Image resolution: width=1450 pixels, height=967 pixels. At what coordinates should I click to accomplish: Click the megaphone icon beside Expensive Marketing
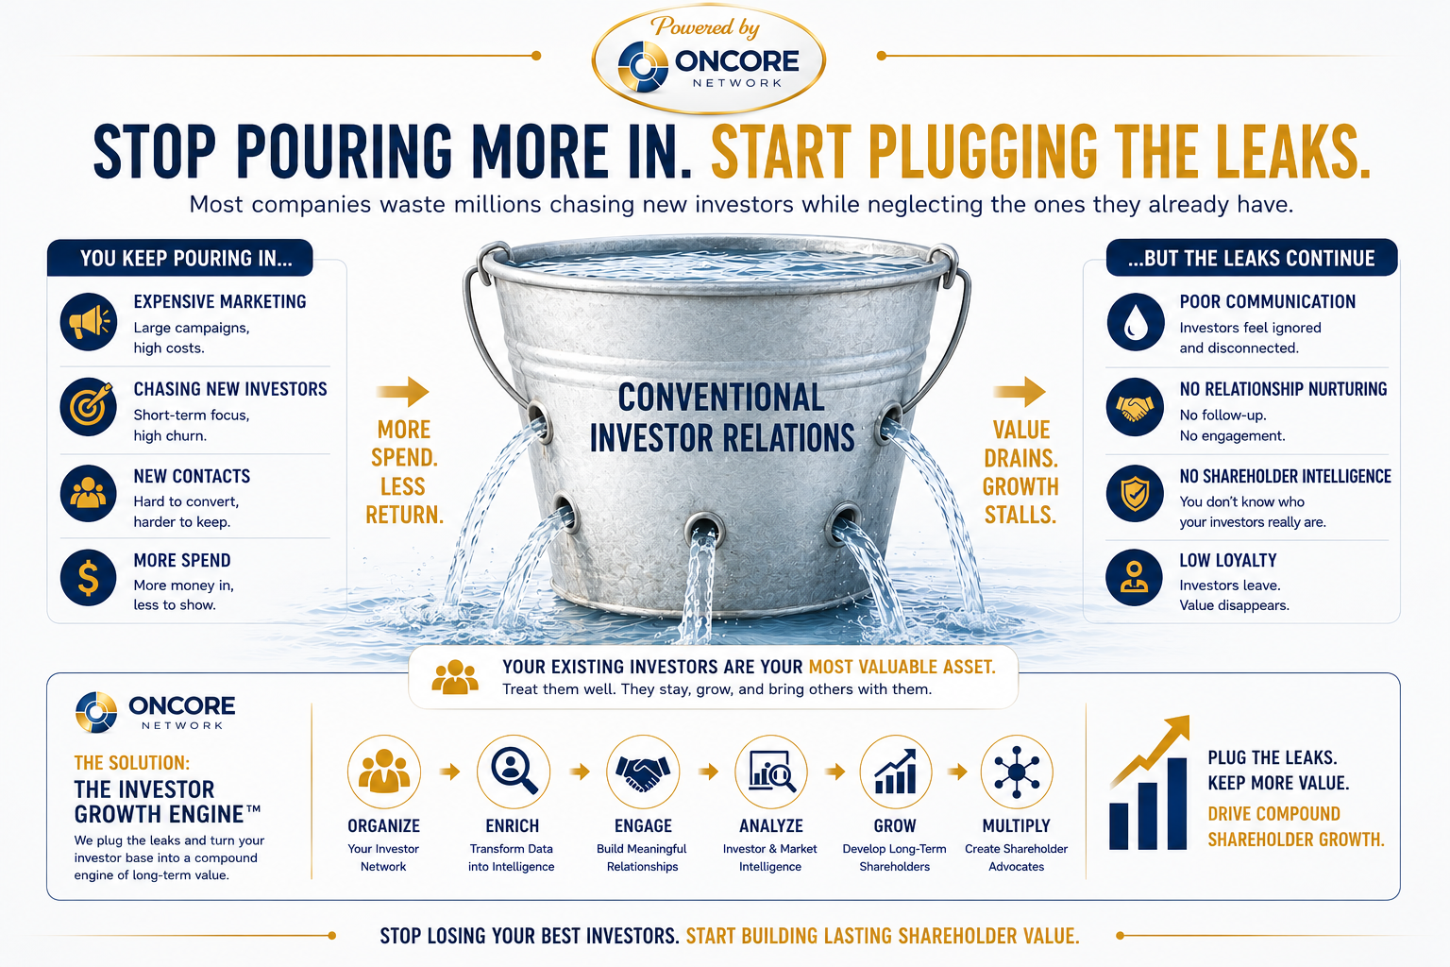click(x=89, y=322)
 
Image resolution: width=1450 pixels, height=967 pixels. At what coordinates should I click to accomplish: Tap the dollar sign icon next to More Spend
click(x=89, y=577)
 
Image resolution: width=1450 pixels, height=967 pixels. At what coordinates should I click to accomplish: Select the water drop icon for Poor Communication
click(x=1136, y=322)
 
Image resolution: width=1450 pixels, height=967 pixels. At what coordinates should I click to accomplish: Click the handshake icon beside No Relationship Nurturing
click(x=1136, y=407)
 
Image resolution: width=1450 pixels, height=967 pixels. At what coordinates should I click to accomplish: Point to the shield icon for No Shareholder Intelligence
click(x=1136, y=494)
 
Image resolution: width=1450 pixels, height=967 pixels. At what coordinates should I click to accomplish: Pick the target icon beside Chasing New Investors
click(x=89, y=407)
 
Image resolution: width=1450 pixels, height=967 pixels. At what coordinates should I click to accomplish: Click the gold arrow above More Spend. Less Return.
click(x=403, y=391)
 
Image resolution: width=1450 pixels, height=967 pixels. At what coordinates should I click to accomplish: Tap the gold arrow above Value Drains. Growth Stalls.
click(x=1020, y=391)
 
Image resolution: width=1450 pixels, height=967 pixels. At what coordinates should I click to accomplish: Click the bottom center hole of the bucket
click(x=704, y=529)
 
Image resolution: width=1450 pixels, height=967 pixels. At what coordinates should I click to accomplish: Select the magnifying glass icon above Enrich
click(x=514, y=772)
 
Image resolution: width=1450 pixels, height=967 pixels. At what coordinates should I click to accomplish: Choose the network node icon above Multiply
click(x=1017, y=772)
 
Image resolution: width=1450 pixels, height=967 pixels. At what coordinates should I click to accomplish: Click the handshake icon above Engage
click(x=643, y=772)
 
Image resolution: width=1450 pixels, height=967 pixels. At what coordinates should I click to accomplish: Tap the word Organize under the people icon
click(x=384, y=825)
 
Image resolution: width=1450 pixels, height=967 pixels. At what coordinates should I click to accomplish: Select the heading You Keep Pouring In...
click(x=186, y=259)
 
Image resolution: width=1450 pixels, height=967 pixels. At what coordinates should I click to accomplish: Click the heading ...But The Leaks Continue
click(x=1251, y=259)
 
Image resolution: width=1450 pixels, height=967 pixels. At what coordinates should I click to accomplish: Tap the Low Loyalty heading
click(x=1228, y=560)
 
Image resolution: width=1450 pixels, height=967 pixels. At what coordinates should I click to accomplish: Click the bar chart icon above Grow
click(x=895, y=772)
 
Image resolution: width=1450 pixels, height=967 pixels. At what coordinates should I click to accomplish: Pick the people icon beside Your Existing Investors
click(x=455, y=677)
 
